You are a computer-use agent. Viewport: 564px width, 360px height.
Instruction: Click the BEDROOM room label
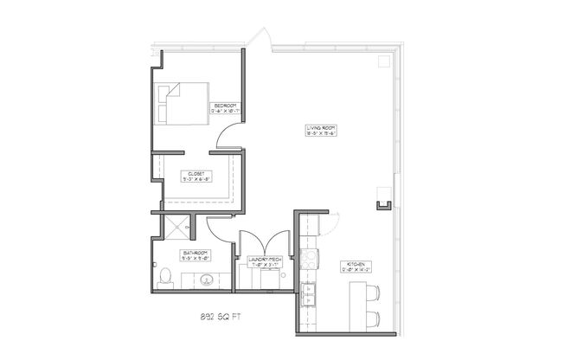pos(225,106)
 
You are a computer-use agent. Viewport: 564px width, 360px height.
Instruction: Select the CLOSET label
pos(196,177)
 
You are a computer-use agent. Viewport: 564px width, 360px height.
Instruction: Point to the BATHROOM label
pos(192,254)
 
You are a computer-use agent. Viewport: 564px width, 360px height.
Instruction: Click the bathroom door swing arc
pos(217,227)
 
